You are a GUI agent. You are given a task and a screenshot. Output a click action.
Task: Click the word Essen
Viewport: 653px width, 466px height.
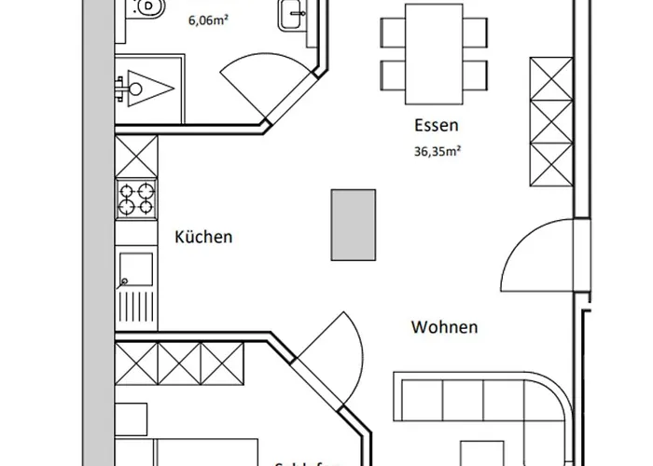[438, 125]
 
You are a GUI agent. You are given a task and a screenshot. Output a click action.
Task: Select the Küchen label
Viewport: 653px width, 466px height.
[203, 237]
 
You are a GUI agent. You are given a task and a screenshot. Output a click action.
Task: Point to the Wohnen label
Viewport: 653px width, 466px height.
[445, 327]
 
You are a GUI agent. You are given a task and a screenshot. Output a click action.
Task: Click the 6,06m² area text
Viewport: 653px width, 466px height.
[212, 18]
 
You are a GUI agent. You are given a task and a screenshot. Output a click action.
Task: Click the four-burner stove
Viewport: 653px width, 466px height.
[136, 199]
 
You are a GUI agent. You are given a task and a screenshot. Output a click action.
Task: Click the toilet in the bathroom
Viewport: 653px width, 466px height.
[148, 9]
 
